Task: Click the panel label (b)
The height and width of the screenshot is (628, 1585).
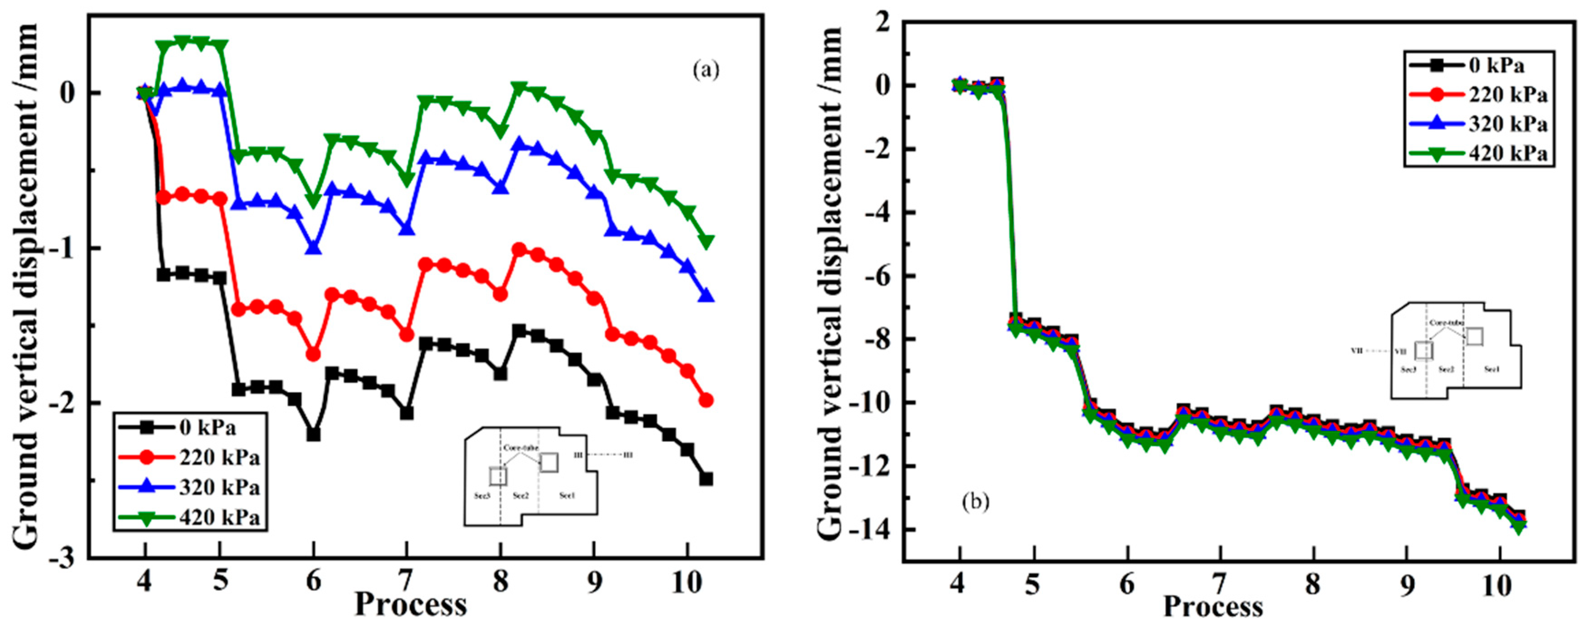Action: (975, 502)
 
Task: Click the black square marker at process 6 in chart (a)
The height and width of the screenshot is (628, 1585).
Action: (313, 435)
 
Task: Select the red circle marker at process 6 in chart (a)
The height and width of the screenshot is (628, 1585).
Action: (313, 354)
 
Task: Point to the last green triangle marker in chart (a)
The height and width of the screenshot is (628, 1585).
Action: (706, 241)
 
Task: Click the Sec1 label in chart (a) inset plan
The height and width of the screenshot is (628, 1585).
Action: (567, 495)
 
